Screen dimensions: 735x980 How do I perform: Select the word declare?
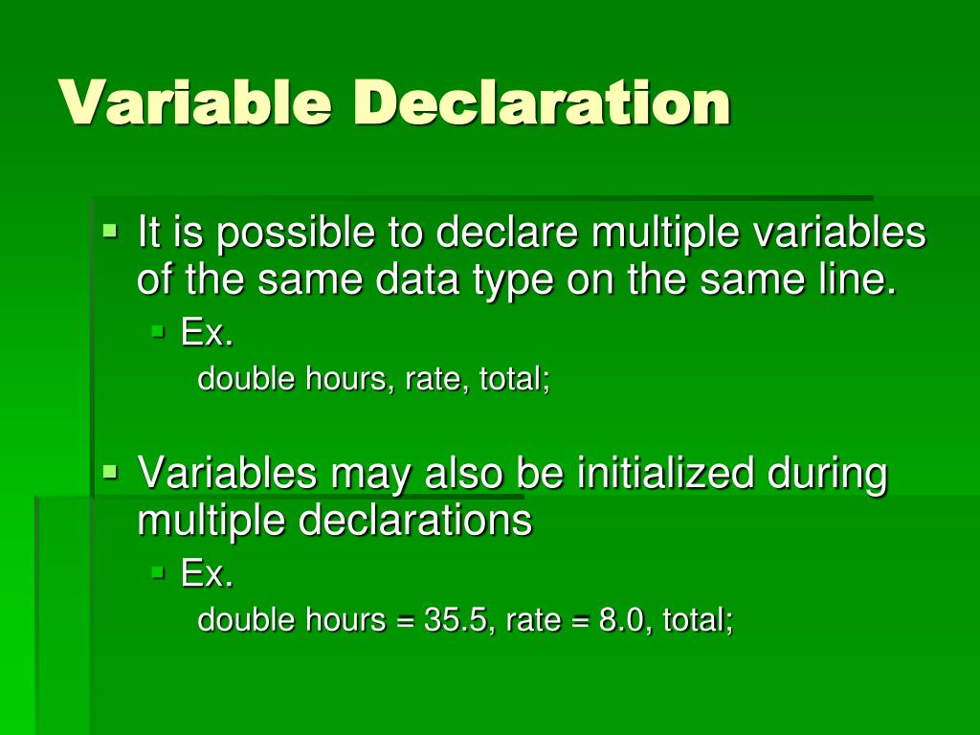click(x=506, y=233)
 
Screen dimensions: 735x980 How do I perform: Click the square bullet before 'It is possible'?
click(x=111, y=230)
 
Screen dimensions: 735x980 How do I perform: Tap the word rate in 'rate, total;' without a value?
click(x=432, y=380)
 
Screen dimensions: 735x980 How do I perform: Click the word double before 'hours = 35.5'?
click(x=247, y=620)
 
